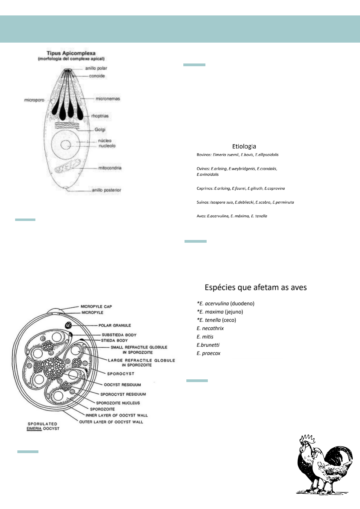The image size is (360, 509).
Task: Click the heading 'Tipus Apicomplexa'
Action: [x=71, y=53]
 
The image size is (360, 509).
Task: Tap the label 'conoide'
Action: [x=97, y=76]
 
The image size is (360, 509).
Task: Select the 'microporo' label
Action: [x=34, y=100]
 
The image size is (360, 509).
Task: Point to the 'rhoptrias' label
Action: [x=100, y=116]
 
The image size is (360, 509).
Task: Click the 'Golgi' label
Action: [x=100, y=130]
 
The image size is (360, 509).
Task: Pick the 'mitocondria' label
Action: [x=110, y=168]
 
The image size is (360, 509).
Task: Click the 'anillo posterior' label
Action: [x=106, y=190]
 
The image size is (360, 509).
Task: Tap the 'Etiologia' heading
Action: [x=244, y=147]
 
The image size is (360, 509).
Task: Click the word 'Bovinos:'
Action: [x=204, y=155]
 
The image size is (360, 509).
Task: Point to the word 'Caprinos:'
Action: [x=205, y=188]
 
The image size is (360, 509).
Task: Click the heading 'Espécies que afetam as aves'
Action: [x=256, y=287]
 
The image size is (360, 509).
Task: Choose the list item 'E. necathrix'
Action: [x=210, y=328]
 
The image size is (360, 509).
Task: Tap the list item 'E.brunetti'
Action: [x=208, y=345]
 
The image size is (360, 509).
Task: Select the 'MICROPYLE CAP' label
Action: [x=96, y=306]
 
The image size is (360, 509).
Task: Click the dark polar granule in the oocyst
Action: [x=68, y=325]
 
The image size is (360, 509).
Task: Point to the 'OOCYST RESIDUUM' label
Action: [x=122, y=385]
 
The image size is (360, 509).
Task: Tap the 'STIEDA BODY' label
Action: [x=114, y=340]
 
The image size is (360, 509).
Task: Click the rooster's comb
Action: [x=308, y=438]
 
